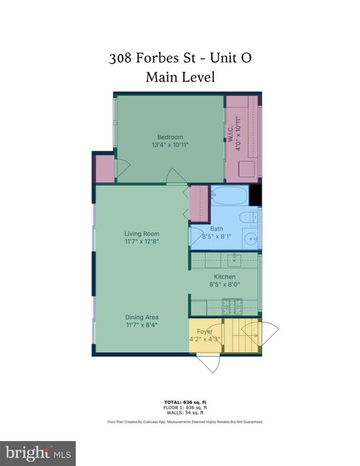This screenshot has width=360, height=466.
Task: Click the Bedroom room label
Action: [170, 137]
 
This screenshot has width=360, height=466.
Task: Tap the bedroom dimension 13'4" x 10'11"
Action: [171, 145]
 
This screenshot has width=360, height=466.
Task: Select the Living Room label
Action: [142, 234]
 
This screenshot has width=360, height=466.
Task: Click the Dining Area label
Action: [142, 317]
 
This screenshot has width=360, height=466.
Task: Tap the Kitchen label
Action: [225, 277]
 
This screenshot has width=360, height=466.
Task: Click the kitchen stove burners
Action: [233, 307]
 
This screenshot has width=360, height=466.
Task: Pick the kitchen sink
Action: [234, 260]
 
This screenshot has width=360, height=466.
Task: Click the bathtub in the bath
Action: [229, 195]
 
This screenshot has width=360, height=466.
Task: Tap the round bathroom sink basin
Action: [251, 238]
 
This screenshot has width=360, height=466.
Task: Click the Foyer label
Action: [205, 331]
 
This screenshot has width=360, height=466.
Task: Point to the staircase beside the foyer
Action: [242, 336]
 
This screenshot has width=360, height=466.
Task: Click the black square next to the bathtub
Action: [255, 195]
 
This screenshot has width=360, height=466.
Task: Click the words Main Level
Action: [180, 77]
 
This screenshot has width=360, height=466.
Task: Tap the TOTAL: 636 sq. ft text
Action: [185, 402]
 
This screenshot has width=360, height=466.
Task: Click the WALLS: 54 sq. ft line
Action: [185, 413]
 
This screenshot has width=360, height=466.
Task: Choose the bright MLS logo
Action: [38, 453]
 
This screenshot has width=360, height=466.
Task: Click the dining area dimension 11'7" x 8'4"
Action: [142, 325]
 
